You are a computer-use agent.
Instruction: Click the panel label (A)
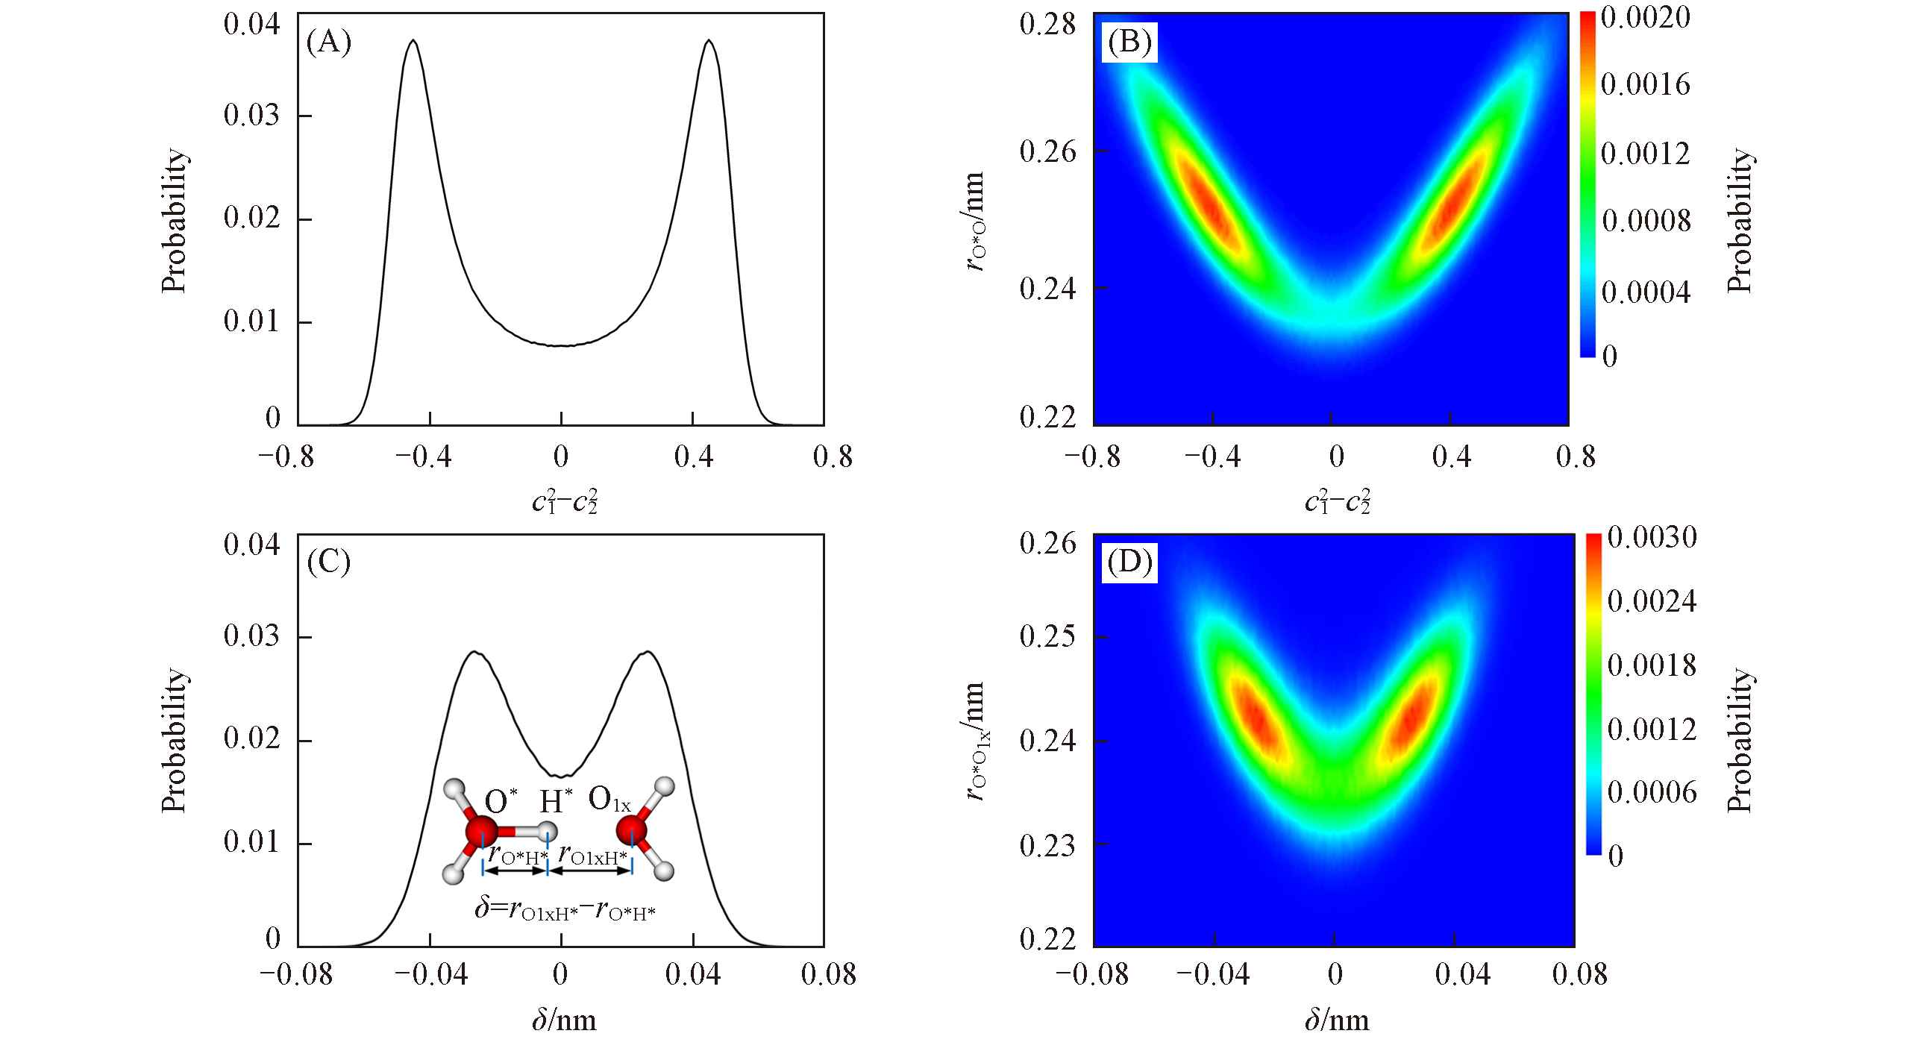click(x=328, y=43)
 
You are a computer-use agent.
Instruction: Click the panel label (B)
click(x=1129, y=43)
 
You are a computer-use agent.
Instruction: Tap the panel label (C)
click(x=328, y=562)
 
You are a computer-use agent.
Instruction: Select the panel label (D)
click(x=1129, y=562)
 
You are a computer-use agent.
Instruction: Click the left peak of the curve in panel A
click(x=413, y=41)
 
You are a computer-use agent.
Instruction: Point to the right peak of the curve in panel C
click(x=648, y=653)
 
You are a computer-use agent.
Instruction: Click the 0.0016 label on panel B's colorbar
click(x=1645, y=84)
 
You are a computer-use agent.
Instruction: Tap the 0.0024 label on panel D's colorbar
click(x=1652, y=601)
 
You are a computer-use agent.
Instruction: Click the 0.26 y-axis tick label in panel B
click(x=1047, y=151)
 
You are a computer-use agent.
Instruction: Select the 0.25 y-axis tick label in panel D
click(x=1047, y=636)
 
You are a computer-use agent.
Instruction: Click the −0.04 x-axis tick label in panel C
click(x=430, y=974)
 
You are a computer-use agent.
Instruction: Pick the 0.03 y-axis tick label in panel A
click(x=251, y=115)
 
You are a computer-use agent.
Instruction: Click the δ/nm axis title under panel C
click(x=564, y=1020)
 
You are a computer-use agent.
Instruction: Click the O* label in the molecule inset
click(x=500, y=801)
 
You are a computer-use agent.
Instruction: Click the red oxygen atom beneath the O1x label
click(x=632, y=829)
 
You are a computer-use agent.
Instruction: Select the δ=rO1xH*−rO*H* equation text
click(x=565, y=909)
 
